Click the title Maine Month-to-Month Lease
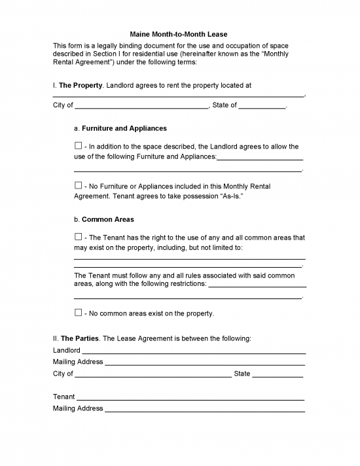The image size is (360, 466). click(180, 34)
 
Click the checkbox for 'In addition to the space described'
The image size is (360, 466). click(79, 145)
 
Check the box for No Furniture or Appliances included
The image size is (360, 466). click(79, 186)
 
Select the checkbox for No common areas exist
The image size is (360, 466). click(79, 313)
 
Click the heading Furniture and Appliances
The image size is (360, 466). click(124, 128)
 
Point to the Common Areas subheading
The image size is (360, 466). click(108, 219)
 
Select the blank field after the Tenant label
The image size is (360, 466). click(190, 397)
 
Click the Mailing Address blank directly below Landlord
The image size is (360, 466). click(205, 362)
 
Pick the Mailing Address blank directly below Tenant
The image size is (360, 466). click(205, 409)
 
